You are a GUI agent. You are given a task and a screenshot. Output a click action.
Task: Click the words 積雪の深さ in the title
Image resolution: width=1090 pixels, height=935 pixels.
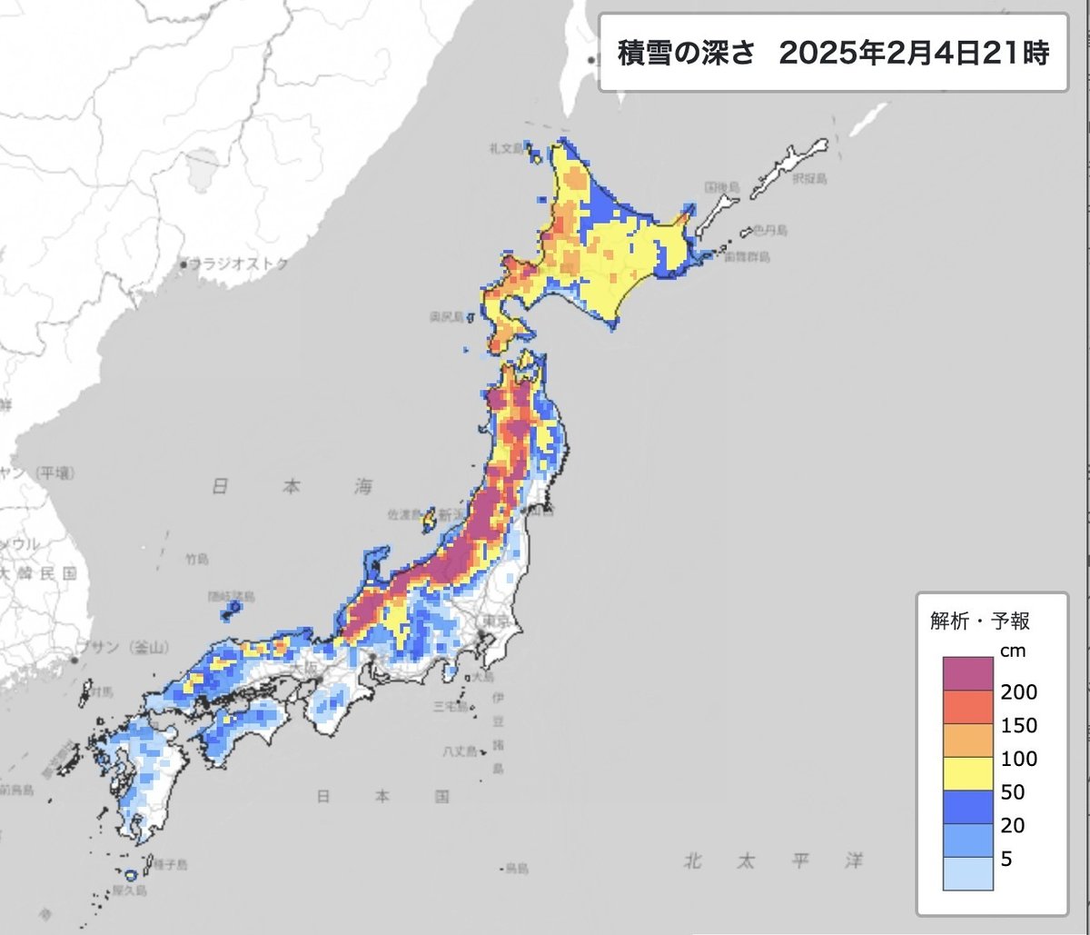(x=686, y=53)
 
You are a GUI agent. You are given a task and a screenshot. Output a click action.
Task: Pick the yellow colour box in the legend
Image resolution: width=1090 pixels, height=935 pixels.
(x=969, y=774)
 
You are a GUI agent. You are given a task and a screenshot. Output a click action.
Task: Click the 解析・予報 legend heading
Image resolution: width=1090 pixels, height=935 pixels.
(x=980, y=622)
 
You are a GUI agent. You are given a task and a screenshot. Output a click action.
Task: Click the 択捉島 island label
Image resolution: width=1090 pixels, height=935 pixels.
(x=808, y=179)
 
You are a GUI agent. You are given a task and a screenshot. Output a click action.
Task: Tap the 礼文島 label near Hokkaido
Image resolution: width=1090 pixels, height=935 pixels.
(x=502, y=147)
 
